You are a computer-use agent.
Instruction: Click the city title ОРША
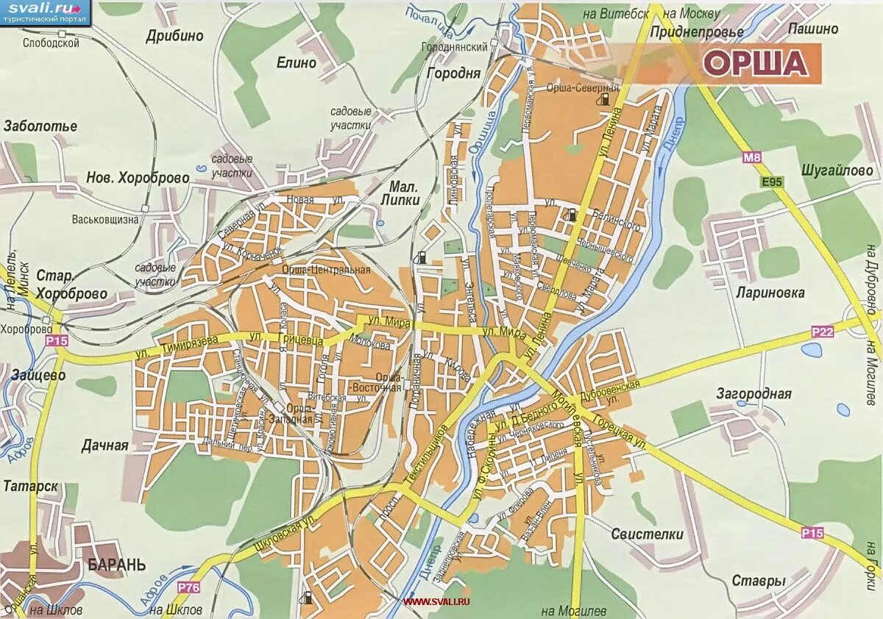pyautogui.click(x=756, y=63)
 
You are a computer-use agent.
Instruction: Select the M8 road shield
pyautogui.click(x=751, y=157)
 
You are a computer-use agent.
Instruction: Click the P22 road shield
pyautogui.click(x=823, y=332)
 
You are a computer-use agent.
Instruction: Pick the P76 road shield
pyautogui.click(x=188, y=587)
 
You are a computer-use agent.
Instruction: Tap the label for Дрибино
pyautogui.click(x=174, y=35)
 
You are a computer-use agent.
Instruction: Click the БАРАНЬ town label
pyautogui.click(x=116, y=565)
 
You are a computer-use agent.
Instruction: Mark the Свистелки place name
pyautogui.click(x=647, y=534)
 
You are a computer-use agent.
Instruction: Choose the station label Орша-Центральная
pyautogui.click(x=327, y=270)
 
